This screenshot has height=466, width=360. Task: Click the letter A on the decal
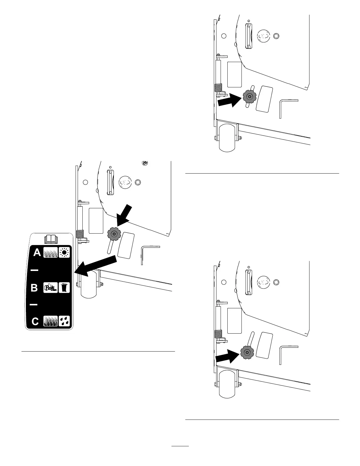(37, 252)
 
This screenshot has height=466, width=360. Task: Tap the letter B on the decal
(34, 287)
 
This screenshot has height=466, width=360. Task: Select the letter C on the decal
(35, 321)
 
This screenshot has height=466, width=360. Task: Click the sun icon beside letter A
(64, 252)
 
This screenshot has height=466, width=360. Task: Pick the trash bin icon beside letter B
(64, 287)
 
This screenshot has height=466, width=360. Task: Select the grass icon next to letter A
(51, 252)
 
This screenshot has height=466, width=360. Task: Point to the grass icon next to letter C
(51, 321)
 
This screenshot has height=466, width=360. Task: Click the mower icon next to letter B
(51, 287)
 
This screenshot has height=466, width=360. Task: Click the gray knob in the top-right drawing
(250, 96)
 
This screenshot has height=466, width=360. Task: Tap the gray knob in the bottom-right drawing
(247, 352)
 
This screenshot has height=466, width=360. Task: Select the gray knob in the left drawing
(114, 234)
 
